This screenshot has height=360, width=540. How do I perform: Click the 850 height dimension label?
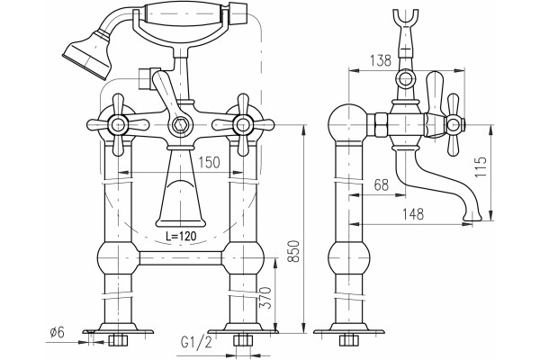294,251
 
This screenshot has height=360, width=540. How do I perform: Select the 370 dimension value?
265,297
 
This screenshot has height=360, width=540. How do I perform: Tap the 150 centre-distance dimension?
209,162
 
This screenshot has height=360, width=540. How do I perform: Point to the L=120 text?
181,236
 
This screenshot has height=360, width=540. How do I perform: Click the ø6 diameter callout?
58,332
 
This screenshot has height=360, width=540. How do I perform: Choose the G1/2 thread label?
196,343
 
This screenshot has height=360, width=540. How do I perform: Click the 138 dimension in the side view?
381,60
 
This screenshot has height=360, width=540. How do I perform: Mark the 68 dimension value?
382,185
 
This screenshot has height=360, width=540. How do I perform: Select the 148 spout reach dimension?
413,214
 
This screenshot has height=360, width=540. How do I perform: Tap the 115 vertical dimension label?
481,167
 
